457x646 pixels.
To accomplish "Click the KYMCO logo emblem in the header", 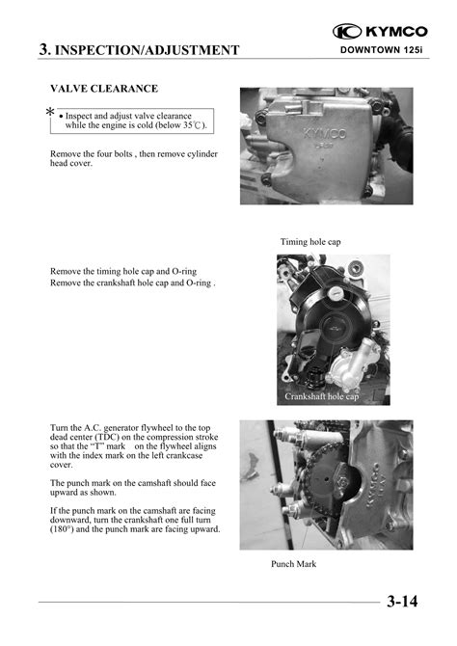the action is pyautogui.click(x=347, y=31).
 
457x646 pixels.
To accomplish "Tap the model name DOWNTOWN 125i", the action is pyautogui.click(x=382, y=50).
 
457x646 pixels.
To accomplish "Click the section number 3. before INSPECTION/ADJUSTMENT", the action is pyautogui.click(x=45, y=49).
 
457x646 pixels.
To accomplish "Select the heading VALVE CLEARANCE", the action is pyautogui.click(x=104, y=89).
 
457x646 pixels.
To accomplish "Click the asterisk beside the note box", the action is pyautogui.click(x=50, y=112).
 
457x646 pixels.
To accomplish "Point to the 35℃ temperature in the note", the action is pyautogui.click(x=193, y=125).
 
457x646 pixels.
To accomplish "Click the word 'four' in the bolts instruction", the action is pyautogui.click(x=106, y=153).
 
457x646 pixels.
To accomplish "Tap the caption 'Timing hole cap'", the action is pyautogui.click(x=310, y=242).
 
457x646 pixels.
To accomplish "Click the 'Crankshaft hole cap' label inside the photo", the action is pyautogui.click(x=321, y=396).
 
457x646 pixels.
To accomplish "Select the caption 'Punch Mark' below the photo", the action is pyautogui.click(x=294, y=564).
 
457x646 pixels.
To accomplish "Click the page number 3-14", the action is pyautogui.click(x=402, y=602).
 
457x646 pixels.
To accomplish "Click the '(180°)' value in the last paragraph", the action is pyautogui.click(x=62, y=529).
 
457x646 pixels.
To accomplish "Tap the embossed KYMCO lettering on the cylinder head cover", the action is pyautogui.click(x=325, y=133).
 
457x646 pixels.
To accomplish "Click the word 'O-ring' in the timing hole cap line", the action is pyautogui.click(x=184, y=272).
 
